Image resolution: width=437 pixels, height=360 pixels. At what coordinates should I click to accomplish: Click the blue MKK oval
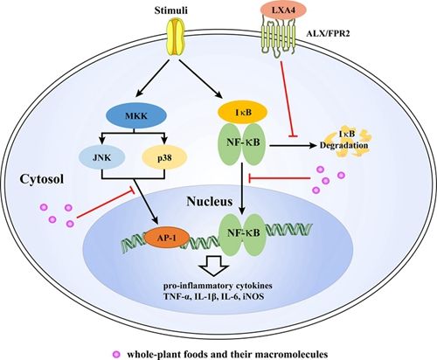tap(136, 115)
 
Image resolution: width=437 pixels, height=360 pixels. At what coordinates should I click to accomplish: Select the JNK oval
tap(102, 157)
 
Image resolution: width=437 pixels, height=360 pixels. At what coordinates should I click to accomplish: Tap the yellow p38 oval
tap(164, 157)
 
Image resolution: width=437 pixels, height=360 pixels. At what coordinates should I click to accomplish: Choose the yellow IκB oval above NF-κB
tap(243, 112)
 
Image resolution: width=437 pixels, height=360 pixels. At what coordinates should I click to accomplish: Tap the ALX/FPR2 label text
tap(328, 34)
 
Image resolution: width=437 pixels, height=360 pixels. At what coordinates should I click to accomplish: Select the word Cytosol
tap(42, 179)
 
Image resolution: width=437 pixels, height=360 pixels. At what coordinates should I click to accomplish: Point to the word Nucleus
tap(210, 201)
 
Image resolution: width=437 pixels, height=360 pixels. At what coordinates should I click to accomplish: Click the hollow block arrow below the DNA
tap(214, 266)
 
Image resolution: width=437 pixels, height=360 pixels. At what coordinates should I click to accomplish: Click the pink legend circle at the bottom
tap(116, 355)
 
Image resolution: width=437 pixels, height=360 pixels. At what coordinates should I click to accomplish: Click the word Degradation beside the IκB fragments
tap(343, 145)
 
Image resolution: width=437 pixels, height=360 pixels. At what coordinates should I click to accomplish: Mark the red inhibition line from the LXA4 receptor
tap(287, 98)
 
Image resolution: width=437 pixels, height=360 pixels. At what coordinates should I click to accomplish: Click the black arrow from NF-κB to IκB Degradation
tap(293, 145)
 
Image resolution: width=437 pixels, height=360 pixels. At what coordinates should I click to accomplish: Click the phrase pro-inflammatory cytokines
tap(218, 286)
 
